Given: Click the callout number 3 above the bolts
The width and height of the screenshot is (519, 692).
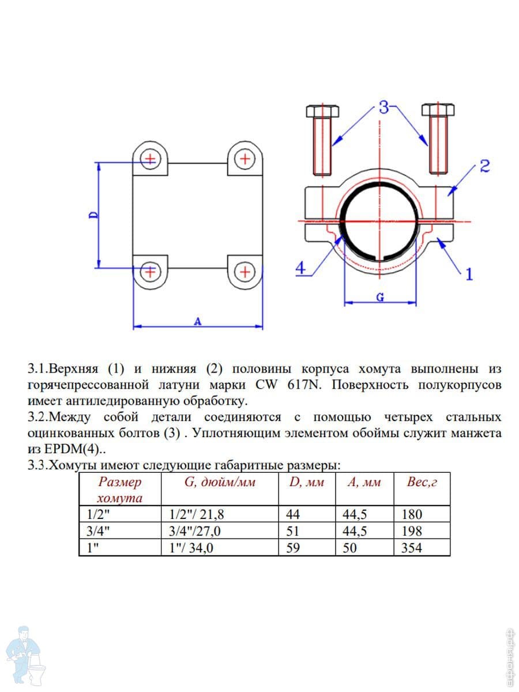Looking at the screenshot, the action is coord(384,107).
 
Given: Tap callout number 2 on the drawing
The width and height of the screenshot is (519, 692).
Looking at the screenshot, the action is coord(484,166).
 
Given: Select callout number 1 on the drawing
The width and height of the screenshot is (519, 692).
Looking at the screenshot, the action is coord(469,274).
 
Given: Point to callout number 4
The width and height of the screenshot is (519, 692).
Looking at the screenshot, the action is coord(301,268).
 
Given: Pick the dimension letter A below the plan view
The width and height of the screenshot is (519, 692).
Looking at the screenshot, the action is coord(198,322).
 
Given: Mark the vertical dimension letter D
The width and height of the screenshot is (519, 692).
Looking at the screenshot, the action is coord(94,215).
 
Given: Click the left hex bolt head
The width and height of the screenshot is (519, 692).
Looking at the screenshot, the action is coord(322,111).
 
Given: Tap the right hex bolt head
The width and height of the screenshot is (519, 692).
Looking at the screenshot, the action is coord(438,110).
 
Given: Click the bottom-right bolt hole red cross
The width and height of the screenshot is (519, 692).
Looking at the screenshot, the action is coord(245,271).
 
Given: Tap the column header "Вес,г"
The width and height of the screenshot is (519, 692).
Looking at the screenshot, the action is coord(422,482).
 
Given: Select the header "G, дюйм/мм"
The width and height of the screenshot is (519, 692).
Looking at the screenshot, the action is coord(220,482).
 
